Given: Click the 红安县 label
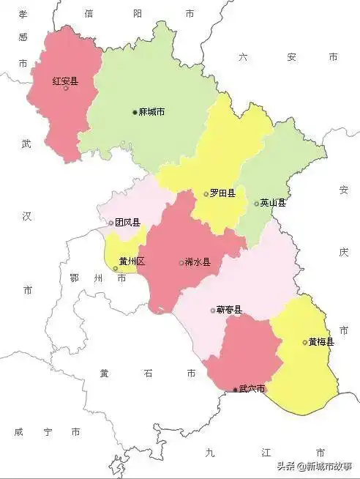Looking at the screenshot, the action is pos(65,81).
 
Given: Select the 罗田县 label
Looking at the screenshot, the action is pos(222,193).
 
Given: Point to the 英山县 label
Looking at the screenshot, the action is pos(274,203).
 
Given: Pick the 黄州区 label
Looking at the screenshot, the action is pos(132,261).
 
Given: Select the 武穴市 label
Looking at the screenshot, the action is pos(252,389).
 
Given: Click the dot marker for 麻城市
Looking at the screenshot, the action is pos(135,112).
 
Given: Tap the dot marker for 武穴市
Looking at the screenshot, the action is pos(235,390).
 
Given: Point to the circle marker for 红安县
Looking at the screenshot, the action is pos(67,88).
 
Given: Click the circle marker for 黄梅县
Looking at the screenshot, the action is pos(304,342).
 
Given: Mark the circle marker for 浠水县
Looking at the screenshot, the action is pos(181,263).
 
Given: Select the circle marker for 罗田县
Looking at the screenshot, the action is pos(206,194).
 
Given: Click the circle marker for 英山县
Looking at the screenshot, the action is pos(257,204).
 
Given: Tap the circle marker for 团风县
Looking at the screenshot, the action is pos(111,223).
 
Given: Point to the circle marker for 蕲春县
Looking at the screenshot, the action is pos(213,310).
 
